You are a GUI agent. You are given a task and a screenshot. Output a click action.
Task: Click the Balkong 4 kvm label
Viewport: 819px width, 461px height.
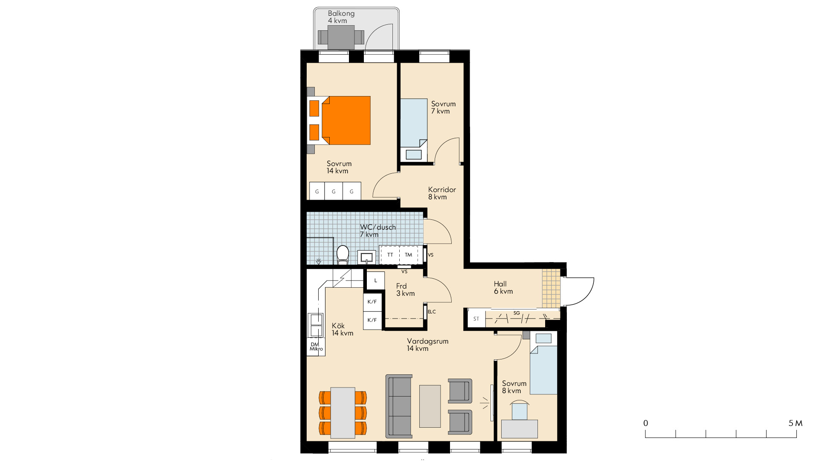point(341,17)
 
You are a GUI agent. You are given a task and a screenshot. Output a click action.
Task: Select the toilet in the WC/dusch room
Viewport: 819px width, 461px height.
point(343,254)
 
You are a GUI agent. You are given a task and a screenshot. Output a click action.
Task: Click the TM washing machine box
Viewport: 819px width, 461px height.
point(409,255)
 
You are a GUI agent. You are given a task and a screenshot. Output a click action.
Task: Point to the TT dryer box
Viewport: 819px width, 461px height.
point(390,255)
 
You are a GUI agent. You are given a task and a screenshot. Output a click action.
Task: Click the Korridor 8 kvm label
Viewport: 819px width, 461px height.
point(442,193)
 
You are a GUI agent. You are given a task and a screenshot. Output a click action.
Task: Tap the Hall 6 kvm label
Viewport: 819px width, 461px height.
point(503,288)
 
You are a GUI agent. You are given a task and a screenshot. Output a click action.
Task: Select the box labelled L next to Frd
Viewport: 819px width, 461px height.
point(376,280)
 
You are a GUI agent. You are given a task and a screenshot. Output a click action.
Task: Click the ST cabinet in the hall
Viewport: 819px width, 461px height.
point(476,319)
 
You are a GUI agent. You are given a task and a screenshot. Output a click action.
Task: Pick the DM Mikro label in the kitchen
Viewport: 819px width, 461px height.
point(316,347)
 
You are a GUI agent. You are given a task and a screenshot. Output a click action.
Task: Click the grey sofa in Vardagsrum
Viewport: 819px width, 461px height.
point(399,406)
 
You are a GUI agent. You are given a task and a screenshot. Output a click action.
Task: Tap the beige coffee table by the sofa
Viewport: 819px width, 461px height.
point(430,406)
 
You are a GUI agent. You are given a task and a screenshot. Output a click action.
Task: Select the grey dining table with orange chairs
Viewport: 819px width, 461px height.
point(343,413)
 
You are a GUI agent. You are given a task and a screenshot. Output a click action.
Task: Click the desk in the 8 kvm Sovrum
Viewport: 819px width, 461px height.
point(520,429)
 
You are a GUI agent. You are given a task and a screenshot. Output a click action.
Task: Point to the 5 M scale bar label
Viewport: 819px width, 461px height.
point(796,423)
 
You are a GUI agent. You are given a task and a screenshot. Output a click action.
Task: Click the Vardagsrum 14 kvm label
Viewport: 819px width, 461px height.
point(427,345)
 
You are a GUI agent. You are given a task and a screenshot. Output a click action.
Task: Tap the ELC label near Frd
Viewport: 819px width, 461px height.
point(432,312)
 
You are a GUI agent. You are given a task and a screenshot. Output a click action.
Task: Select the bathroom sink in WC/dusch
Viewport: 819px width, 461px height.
point(366,257)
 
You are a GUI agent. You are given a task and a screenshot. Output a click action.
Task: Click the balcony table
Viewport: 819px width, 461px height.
point(341,37)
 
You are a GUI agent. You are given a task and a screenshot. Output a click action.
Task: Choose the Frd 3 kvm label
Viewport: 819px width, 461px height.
point(405,290)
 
